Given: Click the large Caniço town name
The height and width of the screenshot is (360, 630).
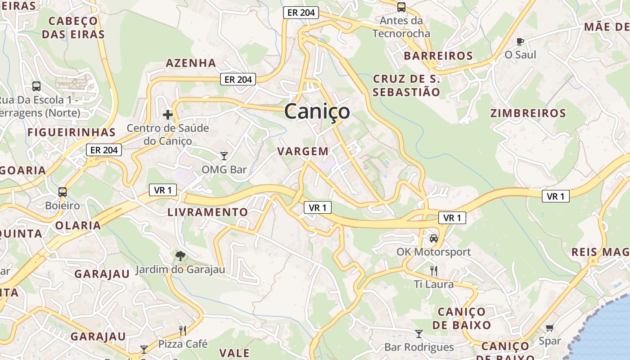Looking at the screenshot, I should tap(317, 111).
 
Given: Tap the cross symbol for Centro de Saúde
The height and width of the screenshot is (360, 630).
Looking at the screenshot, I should tap(168, 115).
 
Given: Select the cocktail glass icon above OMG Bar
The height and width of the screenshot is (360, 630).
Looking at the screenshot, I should tap(224, 156).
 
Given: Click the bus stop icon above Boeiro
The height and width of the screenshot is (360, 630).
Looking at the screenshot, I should tap(63, 192).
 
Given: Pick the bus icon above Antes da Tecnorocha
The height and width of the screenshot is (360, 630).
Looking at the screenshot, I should tap(401, 7).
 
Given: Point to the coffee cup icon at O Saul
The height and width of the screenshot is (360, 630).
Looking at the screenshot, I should tap(520, 41).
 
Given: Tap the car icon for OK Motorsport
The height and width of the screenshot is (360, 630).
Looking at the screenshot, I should tap(433, 238).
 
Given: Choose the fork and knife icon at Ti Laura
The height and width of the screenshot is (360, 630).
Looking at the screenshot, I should tap(434, 270).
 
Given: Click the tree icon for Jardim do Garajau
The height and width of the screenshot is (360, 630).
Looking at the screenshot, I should tap(180, 256).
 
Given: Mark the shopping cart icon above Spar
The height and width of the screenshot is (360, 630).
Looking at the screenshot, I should tap(549, 328).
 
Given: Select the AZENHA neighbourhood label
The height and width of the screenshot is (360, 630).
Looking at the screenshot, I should tap(191, 63).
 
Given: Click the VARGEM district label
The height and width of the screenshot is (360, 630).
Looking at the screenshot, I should tap(303, 151).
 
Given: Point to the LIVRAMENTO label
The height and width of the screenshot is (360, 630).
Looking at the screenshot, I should tap(207, 212).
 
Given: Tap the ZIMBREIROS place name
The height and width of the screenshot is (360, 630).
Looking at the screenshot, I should tap(528, 113).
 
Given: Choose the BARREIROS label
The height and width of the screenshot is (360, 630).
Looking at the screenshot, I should tap(438, 56).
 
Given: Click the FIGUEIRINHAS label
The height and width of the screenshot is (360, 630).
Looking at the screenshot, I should tap(72, 132).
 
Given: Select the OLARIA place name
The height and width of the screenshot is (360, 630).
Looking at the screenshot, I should tap(78, 225).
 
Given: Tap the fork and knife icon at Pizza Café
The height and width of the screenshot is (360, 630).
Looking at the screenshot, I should tap(183, 331).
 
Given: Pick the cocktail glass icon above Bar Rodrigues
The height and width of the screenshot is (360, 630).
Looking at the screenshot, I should tap(419, 333).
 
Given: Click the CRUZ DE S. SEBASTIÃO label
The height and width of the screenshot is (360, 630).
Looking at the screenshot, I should tap(407, 85).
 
